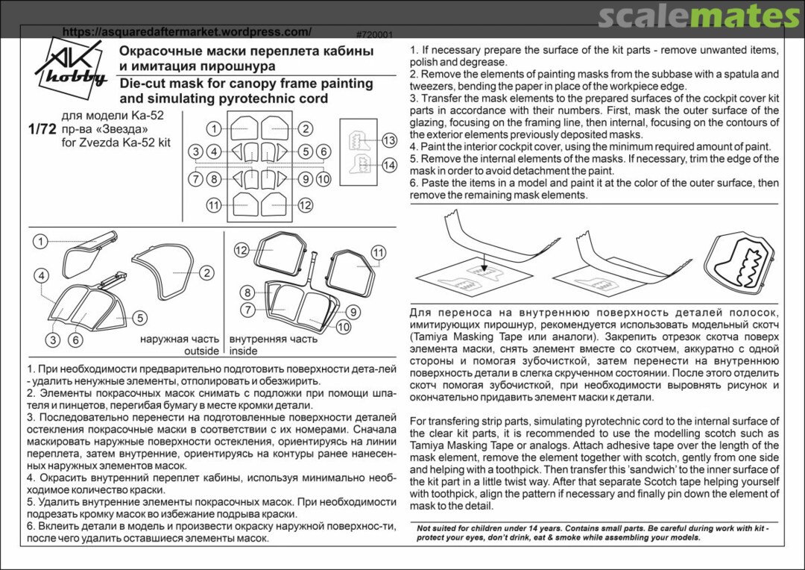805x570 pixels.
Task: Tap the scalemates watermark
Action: click(698, 16)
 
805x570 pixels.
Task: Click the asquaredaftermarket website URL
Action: click(186, 32)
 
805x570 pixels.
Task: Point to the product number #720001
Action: click(375, 35)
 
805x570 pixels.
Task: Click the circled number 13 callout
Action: click(388, 141)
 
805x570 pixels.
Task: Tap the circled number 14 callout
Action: click(388, 166)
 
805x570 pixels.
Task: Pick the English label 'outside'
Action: click(201, 351)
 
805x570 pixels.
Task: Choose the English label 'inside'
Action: click(243, 351)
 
